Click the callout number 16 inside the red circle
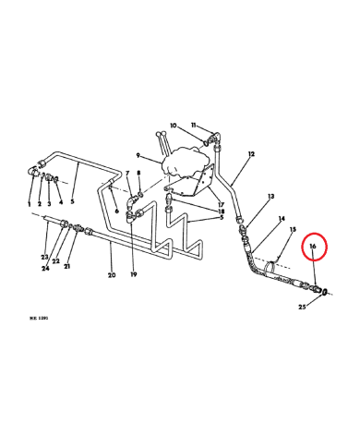313,248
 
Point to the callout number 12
251,154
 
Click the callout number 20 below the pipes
111,275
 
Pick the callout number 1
29,203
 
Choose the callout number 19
135,275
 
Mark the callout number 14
282,219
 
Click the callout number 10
173,125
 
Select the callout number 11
194,125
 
